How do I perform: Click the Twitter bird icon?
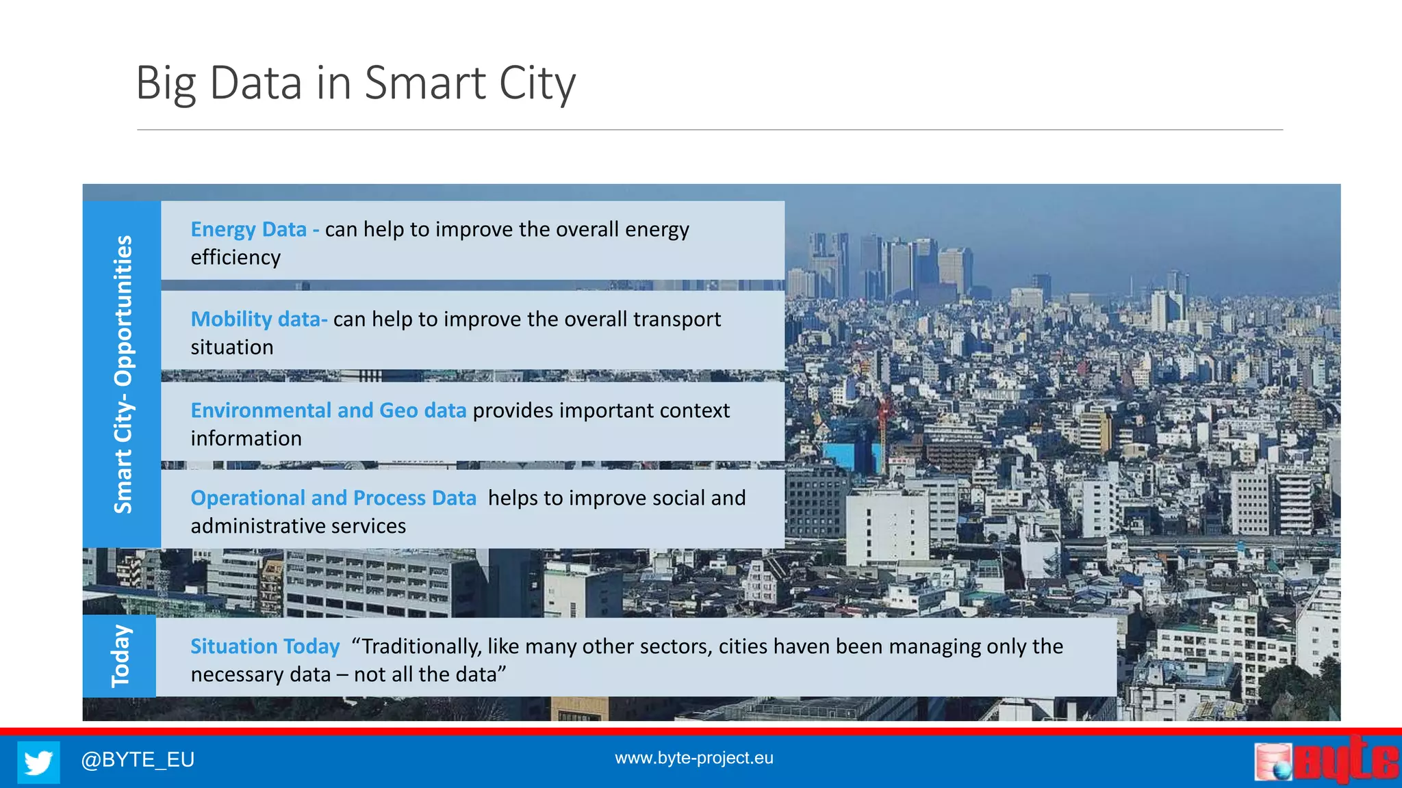click(38, 761)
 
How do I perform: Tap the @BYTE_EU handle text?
click(138, 759)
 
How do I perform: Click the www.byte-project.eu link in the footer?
click(693, 758)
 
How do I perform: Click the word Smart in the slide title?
click(425, 83)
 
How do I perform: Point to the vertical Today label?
click(120, 656)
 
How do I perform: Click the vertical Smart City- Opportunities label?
click(123, 374)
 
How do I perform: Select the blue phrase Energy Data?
click(248, 229)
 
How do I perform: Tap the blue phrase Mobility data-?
click(259, 319)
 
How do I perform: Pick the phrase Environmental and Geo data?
click(329, 410)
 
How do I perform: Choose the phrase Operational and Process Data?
click(333, 498)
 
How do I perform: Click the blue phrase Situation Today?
click(265, 646)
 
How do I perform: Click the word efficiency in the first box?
click(235, 258)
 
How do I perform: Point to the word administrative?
click(259, 526)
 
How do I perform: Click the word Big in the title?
click(166, 83)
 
